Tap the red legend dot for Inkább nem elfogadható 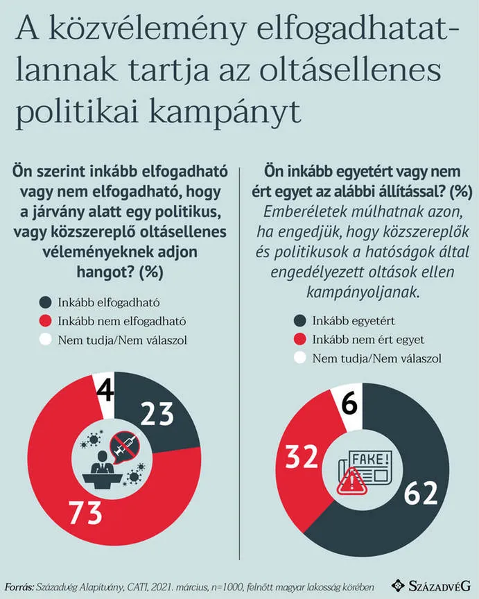click(45, 321)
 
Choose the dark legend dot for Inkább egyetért click(299, 322)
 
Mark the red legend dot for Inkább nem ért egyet click(299, 340)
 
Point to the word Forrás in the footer click(19, 585)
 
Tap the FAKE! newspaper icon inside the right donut click(363, 467)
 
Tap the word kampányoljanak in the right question click(360, 292)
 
